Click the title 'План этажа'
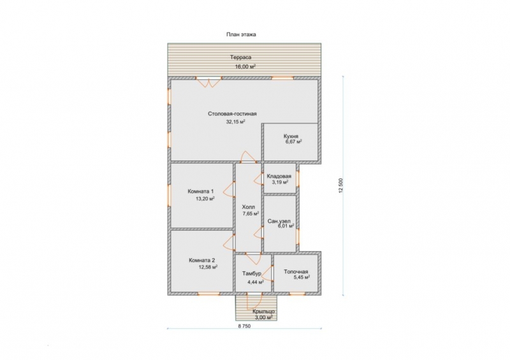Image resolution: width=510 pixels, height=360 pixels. coord(241,34)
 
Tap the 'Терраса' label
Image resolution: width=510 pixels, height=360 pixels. coord(241,57)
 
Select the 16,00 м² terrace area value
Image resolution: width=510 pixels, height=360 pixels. coord(245,67)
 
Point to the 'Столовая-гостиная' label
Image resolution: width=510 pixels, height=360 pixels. coord(232,114)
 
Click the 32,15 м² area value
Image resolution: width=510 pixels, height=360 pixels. coord(235,122)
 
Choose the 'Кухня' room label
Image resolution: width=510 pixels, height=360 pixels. coord(291,136)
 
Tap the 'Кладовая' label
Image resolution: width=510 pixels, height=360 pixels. coord(279,176)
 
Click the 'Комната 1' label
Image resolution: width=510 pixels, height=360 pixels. coord(201,191)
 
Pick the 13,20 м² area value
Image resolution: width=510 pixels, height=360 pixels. coord(205,199)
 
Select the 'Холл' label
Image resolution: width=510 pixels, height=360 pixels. coord(249,207)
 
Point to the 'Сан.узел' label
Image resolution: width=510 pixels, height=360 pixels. coord(279,221)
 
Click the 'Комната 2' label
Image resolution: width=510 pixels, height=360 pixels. coord(201,260)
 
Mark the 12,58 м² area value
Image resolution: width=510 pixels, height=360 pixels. coord(208,268)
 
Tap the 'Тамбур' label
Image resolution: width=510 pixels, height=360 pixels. coord(252,273)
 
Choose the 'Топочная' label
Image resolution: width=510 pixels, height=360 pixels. coord(296,272)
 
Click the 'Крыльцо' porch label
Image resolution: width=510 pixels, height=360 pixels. coord(263,312)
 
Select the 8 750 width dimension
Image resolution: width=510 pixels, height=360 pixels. coord(244,326)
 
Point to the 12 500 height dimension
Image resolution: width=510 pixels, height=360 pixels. coord(340,185)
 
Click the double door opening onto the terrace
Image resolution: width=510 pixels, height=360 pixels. coord(208,82)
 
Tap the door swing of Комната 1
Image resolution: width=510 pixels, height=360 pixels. coord(229,189)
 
